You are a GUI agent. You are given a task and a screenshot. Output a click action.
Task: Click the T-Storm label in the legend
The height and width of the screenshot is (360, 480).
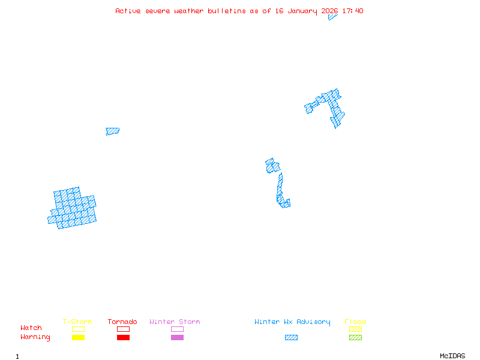77,322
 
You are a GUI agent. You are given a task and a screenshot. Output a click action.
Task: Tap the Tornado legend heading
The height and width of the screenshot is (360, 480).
122,322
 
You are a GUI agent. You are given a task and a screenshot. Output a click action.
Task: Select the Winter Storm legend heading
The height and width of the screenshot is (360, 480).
175,322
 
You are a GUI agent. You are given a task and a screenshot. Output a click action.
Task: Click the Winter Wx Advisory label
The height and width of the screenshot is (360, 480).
292,322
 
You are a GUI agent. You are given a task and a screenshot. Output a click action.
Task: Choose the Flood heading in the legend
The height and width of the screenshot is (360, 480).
355,322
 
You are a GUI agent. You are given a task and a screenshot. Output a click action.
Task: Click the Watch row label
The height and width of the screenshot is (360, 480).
31,328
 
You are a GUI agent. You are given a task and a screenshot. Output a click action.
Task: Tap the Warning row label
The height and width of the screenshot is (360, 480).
35,337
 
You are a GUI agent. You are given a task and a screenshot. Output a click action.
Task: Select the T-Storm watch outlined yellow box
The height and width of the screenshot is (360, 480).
78,329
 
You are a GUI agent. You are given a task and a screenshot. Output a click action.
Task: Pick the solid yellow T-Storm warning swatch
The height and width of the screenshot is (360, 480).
78,338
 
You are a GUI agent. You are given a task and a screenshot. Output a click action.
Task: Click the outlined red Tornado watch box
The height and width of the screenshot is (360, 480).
123,329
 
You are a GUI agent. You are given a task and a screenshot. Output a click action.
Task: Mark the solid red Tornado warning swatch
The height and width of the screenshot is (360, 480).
123,338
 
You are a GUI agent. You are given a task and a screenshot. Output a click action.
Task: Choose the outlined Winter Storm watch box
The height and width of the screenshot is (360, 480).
177,329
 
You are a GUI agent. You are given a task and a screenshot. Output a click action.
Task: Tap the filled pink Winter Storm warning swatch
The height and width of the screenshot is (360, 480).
177,338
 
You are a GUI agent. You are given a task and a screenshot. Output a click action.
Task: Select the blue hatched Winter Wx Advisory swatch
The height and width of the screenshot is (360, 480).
291,338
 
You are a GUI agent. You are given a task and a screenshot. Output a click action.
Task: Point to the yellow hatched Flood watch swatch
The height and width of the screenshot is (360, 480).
355,329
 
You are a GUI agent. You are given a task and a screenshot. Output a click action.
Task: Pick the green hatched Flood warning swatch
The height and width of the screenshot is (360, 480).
355,338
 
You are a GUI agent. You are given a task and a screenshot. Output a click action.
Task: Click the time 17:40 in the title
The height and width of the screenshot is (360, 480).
353,11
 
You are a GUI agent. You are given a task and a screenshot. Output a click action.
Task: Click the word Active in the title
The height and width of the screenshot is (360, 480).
128,11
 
